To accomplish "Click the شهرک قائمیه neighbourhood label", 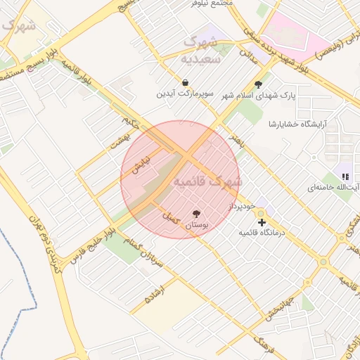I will point(207,181).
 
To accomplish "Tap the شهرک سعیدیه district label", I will point(202,50).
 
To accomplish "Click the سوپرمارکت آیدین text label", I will point(184,94).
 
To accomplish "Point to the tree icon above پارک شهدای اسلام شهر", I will point(267,84).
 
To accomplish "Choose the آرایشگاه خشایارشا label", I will point(303,124).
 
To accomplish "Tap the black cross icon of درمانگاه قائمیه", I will point(262,222).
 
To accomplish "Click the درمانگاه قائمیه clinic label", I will point(262,232).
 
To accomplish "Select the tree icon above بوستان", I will point(196,214).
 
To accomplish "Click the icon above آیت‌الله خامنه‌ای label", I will point(345,176).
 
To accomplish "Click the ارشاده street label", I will point(155,295).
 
